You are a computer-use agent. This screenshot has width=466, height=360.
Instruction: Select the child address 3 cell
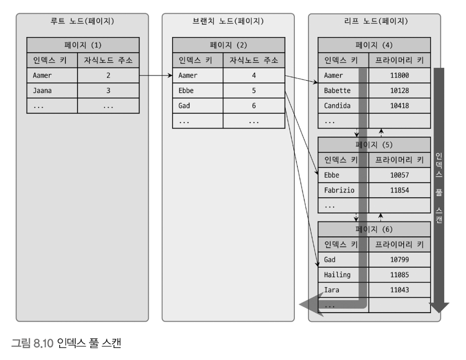(108, 90)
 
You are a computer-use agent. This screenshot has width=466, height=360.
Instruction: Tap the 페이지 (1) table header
(83, 45)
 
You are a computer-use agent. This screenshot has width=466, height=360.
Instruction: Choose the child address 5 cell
(254, 90)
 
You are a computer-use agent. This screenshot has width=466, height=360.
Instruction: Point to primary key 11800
(399, 76)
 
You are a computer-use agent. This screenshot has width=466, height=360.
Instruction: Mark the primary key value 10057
(399, 175)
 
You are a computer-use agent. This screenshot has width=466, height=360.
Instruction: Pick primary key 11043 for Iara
(399, 290)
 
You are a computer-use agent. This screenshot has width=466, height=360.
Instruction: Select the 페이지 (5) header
(374, 145)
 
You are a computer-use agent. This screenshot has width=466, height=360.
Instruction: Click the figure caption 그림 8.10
(66, 343)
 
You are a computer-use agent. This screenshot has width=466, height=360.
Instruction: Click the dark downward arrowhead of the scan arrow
(439, 308)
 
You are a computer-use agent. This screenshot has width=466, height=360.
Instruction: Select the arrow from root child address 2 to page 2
(156, 76)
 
